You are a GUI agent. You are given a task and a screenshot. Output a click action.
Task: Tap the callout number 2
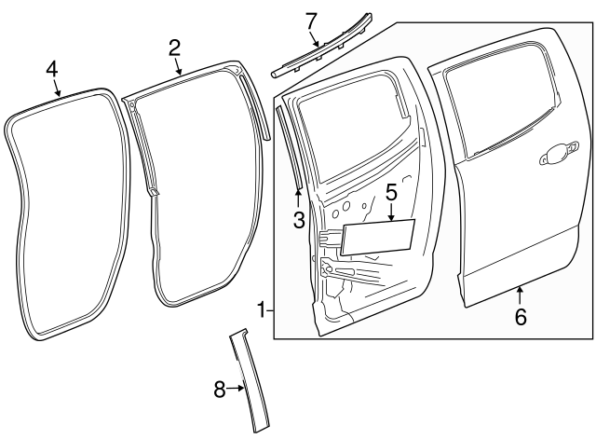point(174,48)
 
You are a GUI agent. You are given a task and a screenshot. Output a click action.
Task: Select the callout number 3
point(298,220)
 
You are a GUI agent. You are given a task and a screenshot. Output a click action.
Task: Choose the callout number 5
point(391,193)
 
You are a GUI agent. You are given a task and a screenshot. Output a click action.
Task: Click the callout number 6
point(521,317)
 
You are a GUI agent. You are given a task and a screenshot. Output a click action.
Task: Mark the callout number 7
point(311,20)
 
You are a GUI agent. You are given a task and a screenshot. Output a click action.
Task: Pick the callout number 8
point(220,390)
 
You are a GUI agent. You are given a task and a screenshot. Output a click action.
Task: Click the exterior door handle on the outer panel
point(557,155)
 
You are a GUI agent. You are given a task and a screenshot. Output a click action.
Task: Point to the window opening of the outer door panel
point(503,107)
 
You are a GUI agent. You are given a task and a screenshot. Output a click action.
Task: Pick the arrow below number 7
point(316,39)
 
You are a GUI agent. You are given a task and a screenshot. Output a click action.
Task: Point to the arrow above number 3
point(298,198)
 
